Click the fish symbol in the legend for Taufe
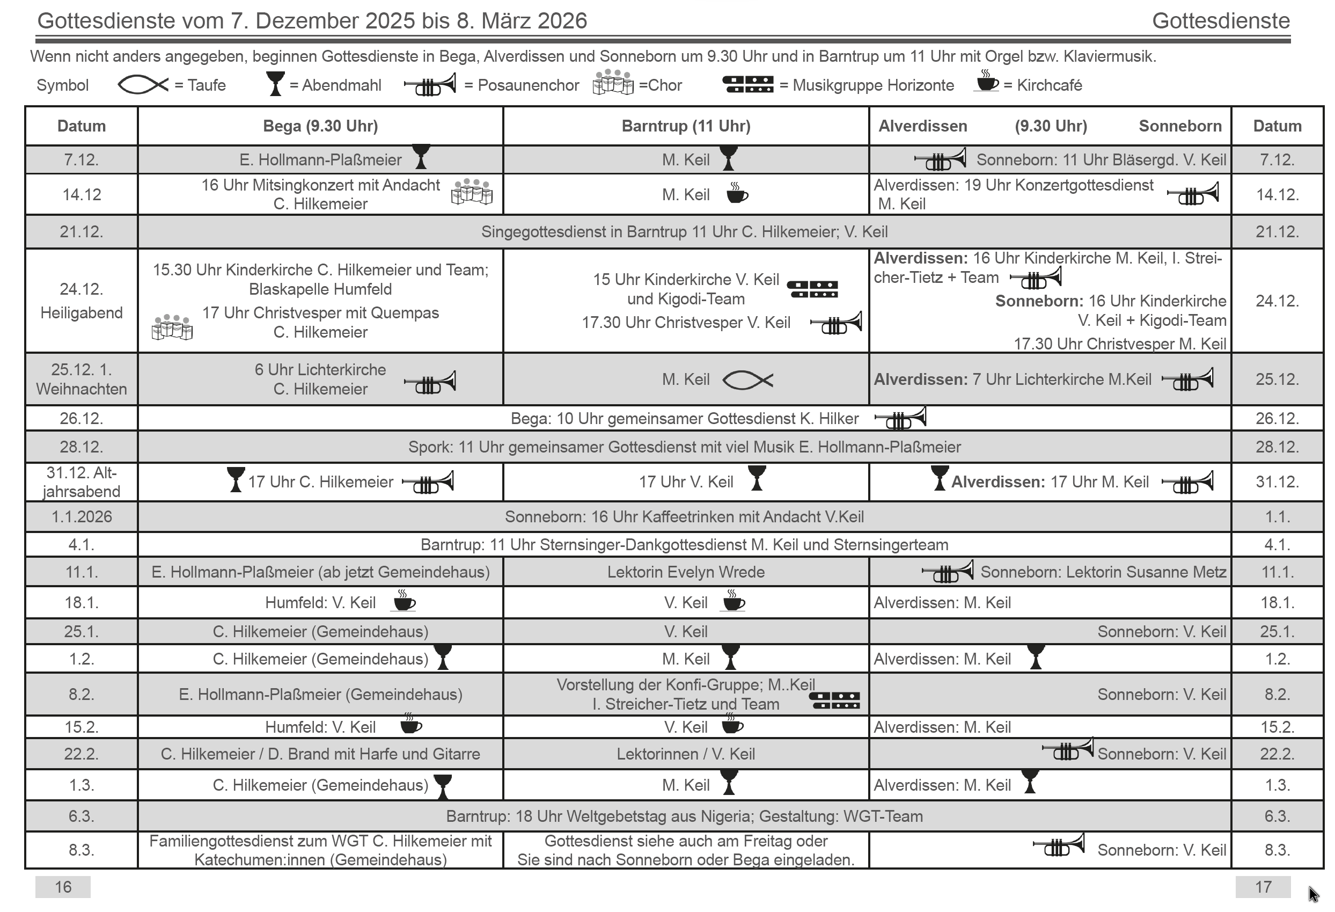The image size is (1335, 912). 143,85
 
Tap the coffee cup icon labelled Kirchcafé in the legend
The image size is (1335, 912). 987,82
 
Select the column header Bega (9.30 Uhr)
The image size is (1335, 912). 320,126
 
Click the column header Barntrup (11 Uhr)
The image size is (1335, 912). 686,126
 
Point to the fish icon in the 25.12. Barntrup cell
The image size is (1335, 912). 747,380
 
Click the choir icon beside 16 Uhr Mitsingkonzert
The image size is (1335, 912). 472,192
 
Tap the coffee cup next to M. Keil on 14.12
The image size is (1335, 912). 737,193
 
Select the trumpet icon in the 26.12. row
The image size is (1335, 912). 900,418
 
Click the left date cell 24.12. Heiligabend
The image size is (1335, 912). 82,301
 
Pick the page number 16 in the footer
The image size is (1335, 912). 63,887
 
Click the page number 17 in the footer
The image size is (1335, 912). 1263,887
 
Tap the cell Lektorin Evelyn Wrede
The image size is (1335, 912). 686,572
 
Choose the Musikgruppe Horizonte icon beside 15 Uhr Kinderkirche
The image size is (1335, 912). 812,289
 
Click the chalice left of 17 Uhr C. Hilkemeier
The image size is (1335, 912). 236,479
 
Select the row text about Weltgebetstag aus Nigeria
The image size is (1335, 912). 684,816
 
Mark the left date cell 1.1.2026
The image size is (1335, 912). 82,516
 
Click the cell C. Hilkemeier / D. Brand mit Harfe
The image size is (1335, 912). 320,754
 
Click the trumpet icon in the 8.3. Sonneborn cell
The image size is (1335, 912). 1059,845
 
